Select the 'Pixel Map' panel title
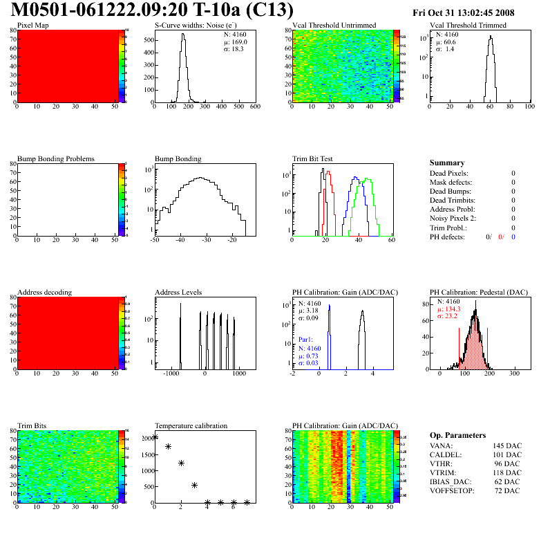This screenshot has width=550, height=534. pyautogui.click(x=32, y=26)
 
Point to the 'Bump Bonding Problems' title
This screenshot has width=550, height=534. pyautogui.click(x=56, y=158)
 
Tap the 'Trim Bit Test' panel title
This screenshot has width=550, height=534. pyautogui.click(x=313, y=158)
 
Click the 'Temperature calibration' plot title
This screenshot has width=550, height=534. pyautogui.click(x=191, y=425)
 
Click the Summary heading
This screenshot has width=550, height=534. pyautogui.click(x=447, y=163)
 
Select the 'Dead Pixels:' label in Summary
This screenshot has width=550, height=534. pyautogui.click(x=449, y=174)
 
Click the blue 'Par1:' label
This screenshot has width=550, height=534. pyautogui.click(x=306, y=340)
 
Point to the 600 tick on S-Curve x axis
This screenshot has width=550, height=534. pyautogui.click(x=254, y=107)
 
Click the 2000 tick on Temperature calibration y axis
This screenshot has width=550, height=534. pyautogui.click(x=147, y=439)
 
